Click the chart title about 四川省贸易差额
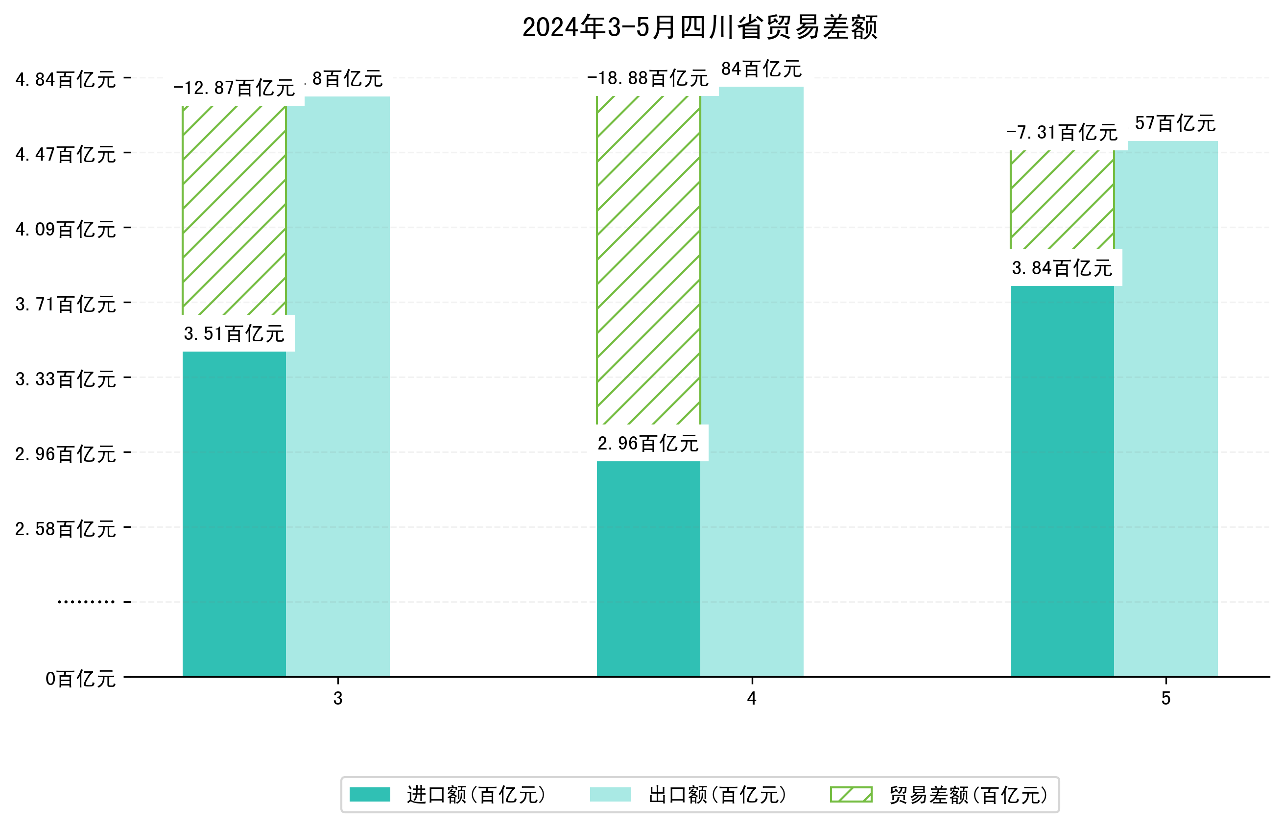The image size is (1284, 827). point(699,27)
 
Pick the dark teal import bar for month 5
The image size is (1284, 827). point(1062,481)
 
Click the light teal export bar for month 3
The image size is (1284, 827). point(338,387)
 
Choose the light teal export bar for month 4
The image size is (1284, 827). point(751,381)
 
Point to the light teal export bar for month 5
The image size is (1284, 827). point(1165,408)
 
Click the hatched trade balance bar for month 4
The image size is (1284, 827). point(648,260)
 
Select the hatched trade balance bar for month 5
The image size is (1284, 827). point(1062,200)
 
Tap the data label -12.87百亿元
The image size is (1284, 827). point(234,88)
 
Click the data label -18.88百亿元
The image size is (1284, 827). point(648,78)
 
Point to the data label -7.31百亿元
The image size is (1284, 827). point(1062,132)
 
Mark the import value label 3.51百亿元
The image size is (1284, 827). point(234,334)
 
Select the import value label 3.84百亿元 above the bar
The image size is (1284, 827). point(1062,268)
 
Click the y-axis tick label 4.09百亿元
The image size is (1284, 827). point(66,229)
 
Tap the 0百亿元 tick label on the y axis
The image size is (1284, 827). point(80,679)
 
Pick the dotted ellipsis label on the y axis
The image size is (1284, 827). point(86,601)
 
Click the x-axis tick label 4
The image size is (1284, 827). point(751,698)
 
